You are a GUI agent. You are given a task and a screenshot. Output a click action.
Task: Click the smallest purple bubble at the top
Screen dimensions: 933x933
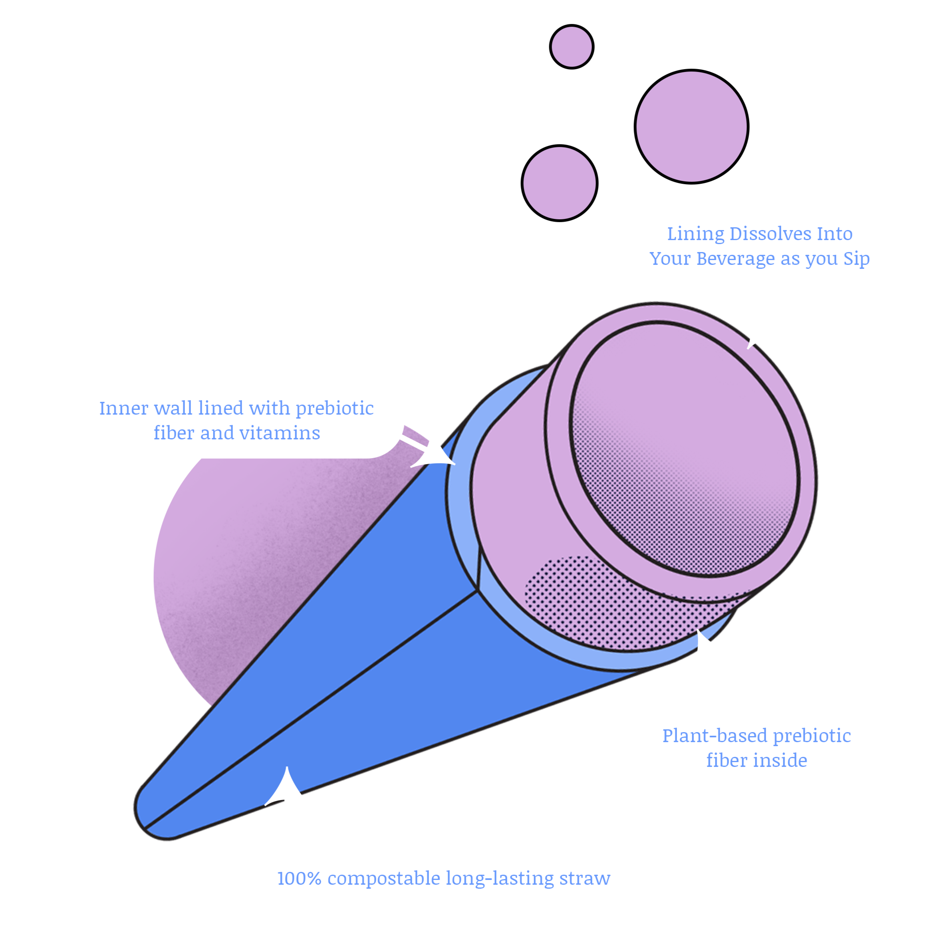click(572, 47)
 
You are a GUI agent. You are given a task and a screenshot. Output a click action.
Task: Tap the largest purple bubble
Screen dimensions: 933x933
click(691, 127)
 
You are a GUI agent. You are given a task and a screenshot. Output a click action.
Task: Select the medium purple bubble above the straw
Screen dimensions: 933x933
click(559, 183)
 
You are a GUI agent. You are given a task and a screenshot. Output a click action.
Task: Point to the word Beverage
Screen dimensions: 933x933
click(736, 258)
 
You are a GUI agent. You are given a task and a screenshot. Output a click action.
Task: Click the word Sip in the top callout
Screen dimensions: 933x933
click(856, 259)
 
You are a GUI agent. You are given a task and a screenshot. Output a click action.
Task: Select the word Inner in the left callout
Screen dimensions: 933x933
click(124, 408)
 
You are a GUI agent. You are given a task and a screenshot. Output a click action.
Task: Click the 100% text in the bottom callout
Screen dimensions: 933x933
click(299, 878)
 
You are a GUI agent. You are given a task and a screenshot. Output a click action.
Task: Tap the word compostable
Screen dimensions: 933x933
click(384, 878)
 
